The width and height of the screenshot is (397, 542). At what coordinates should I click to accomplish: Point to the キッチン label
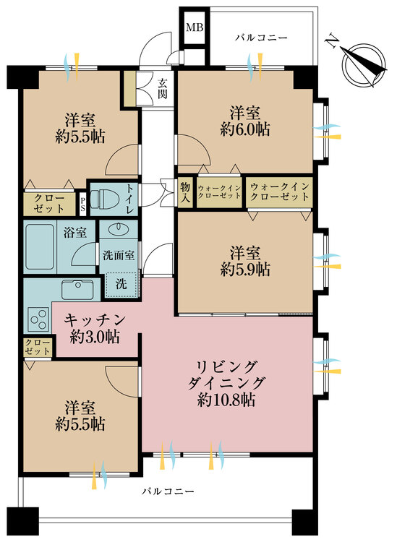click(x=95, y=319)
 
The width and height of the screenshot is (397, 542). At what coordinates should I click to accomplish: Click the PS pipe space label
click(x=83, y=203)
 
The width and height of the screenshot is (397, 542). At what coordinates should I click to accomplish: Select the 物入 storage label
click(x=185, y=192)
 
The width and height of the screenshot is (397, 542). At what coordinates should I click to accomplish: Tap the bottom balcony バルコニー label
click(x=167, y=492)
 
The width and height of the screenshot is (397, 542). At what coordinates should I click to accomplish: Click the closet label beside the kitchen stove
click(x=37, y=346)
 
